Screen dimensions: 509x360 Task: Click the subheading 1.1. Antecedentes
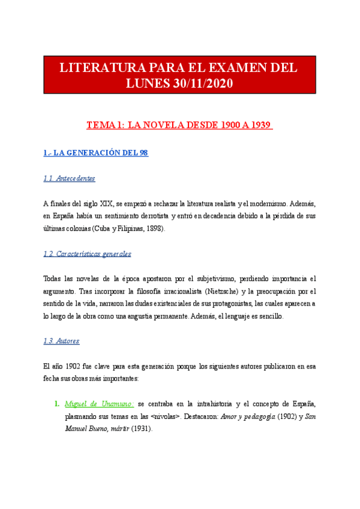tap(70, 178)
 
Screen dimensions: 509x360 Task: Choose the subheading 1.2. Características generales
tap(88, 254)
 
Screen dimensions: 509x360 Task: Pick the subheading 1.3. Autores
tap(62, 341)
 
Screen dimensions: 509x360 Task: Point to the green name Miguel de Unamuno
tap(100, 403)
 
